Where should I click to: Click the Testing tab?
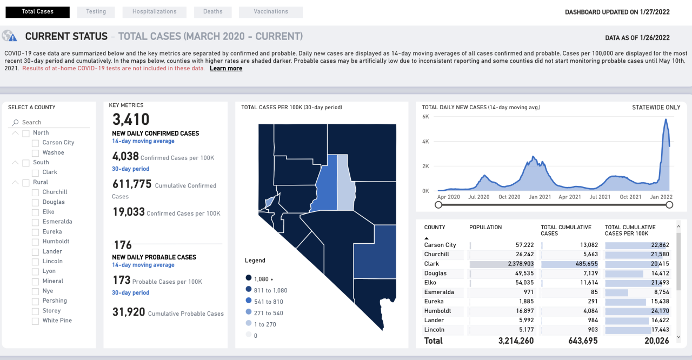pyautogui.click(x=95, y=11)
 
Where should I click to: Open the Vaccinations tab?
pyautogui.click(x=270, y=11)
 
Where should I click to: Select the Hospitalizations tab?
pyautogui.click(x=154, y=11)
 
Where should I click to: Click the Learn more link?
pyautogui.click(x=225, y=69)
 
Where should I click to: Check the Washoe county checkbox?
pyautogui.click(x=35, y=153)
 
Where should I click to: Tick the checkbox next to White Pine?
pyautogui.click(x=35, y=321)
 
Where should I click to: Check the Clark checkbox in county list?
pyautogui.click(x=35, y=172)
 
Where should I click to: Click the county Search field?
pyautogui.click(x=54, y=123)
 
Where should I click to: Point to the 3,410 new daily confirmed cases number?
pyautogui.click(x=131, y=119)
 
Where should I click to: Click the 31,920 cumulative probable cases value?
pyautogui.click(x=129, y=312)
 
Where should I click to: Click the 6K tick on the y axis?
pyautogui.click(x=425, y=117)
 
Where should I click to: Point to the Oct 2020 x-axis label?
pyautogui.click(x=509, y=197)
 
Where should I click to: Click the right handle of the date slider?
pyautogui.click(x=669, y=205)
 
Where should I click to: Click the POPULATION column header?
pyautogui.click(x=485, y=228)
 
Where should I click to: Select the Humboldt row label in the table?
pyautogui.click(x=437, y=311)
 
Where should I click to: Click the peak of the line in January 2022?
pyautogui.click(x=666, y=119)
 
